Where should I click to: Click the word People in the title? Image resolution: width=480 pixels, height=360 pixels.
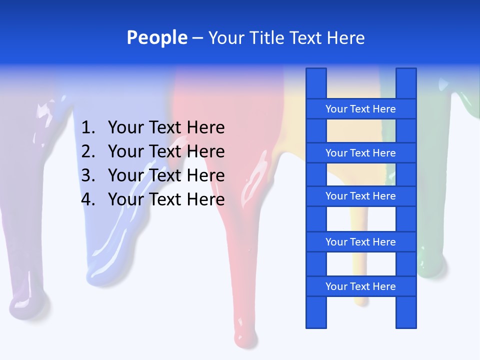coord(156,37)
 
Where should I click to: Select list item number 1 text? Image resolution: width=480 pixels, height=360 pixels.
coord(166,128)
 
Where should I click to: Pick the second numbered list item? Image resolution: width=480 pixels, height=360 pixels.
coord(166,151)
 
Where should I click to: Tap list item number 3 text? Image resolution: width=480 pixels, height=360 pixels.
coord(166,175)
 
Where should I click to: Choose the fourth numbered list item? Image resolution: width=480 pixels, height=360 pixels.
coord(166,199)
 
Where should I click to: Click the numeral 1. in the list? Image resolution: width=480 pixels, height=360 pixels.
coord(88,128)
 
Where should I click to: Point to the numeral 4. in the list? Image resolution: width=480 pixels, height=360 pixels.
coord(88,199)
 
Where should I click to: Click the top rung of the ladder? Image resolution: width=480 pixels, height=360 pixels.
coord(360,109)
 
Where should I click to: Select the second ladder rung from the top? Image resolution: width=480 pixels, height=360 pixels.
coord(360,153)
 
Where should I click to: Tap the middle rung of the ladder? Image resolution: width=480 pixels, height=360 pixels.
coord(360,196)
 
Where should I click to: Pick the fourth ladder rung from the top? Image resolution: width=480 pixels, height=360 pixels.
coord(360,242)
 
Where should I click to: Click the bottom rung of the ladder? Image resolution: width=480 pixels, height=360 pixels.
coord(360,286)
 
